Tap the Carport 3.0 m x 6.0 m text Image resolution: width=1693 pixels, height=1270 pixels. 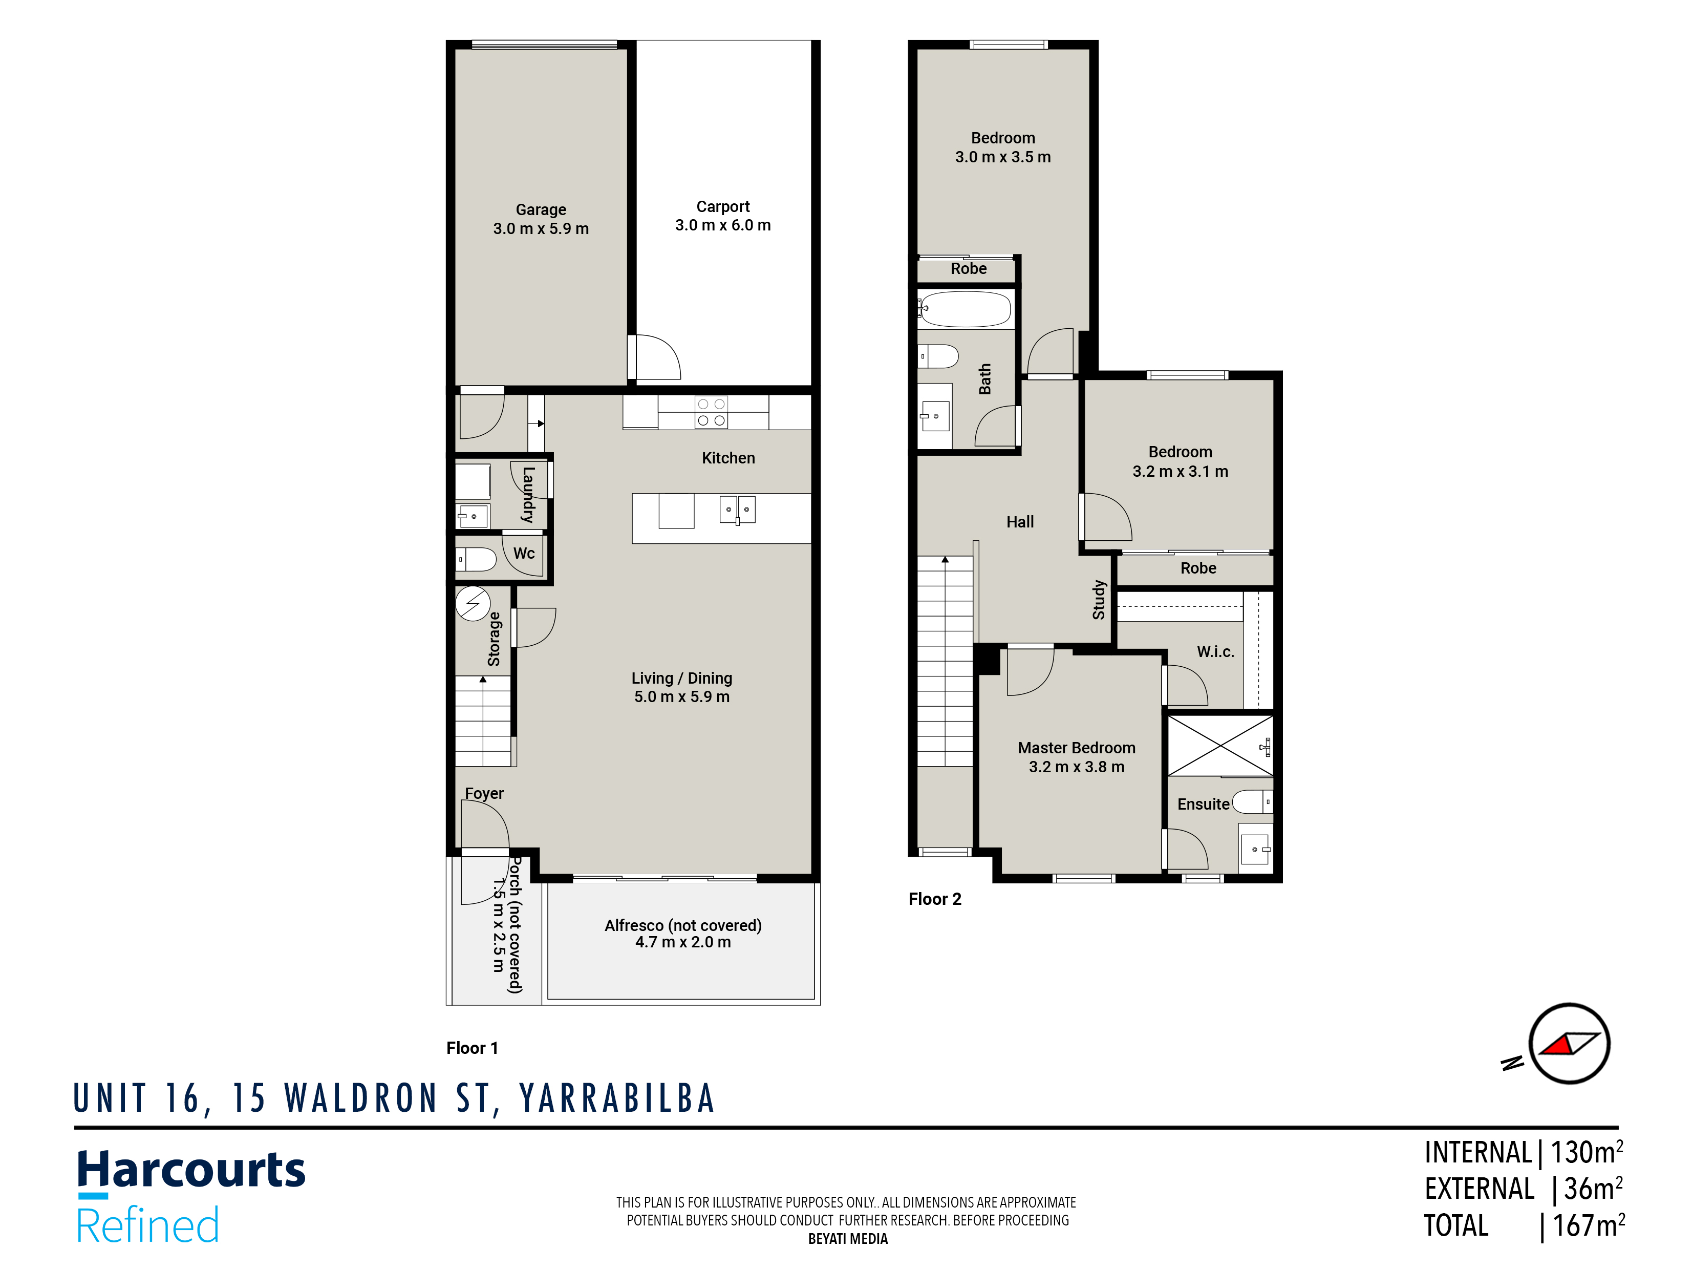click(x=722, y=216)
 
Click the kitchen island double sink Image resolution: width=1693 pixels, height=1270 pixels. click(x=737, y=509)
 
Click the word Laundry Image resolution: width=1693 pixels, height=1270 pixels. click(x=528, y=495)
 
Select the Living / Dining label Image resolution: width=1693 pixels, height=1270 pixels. click(x=681, y=678)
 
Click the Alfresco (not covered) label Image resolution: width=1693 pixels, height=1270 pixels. click(x=683, y=925)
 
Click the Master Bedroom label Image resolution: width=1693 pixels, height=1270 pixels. click(x=1076, y=748)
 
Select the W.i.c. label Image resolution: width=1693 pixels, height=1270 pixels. click(x=1215, y=651)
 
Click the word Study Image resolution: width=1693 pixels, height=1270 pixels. click(x=1099, y=599)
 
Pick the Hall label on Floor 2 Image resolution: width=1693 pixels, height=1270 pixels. click(x=1019, y=522)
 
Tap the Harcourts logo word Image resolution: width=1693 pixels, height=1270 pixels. click(x=191, y=1171)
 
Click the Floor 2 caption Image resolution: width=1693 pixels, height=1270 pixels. click(x=934, y=899)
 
